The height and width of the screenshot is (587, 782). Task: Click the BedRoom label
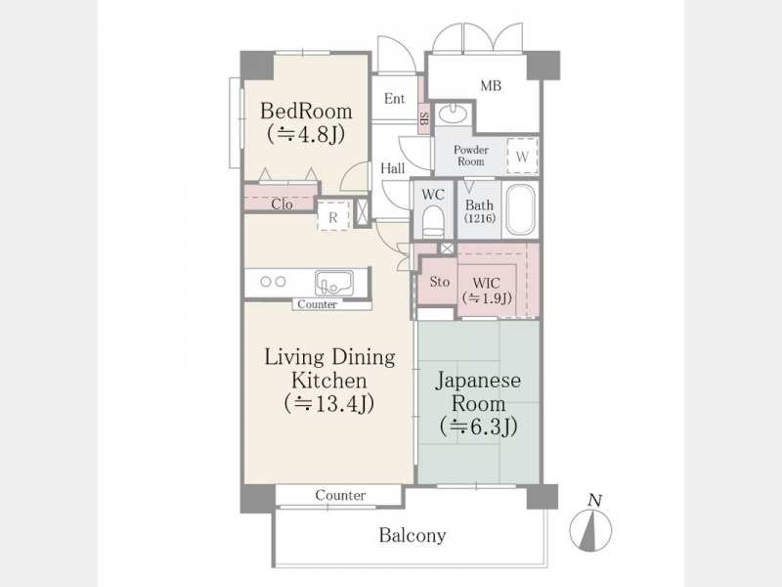(306, 111)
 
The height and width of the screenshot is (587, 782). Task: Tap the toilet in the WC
(433, 221)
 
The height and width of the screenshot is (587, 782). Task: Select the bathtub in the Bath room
(521, 209)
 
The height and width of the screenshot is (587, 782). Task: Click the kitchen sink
(333, 283)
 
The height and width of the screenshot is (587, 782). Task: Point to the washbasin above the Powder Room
(453, 113)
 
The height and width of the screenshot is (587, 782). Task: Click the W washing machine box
(522, 156)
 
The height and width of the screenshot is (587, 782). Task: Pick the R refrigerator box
(333, 216)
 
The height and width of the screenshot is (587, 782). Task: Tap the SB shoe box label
(424, 118)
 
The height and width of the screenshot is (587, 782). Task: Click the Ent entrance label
(395, 99)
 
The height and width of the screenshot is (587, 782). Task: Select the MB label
(491, 86)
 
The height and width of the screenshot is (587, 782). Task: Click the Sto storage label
(439, 282)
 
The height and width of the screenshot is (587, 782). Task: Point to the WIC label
(486, 283)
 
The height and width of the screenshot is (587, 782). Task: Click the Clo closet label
(282, 204)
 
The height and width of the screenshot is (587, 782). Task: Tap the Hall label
(393, 168)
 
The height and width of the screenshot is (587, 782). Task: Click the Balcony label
(413, 535)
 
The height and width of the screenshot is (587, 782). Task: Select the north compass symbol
(591, 525)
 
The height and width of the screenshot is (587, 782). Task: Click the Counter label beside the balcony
(340, 495)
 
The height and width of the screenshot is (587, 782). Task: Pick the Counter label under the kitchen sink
(317, 304)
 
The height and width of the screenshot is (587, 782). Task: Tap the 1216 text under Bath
(479, 218)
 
